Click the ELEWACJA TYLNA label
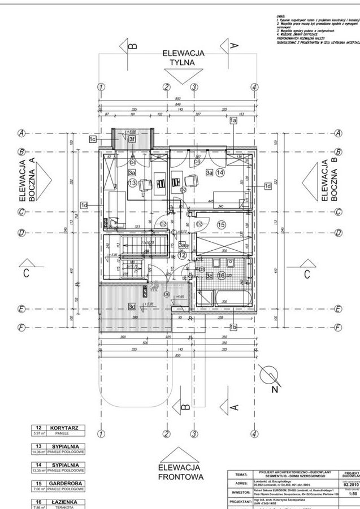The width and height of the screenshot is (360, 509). coord(182,58)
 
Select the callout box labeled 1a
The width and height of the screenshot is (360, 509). coord(233,120)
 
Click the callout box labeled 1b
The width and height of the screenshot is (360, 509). coord(233,327)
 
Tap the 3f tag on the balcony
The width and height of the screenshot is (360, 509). coord(132,139)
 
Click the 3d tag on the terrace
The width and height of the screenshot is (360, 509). coord(132,307)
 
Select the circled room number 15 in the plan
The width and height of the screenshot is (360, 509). coord(221,225)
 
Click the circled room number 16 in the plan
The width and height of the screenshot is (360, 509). coord(222,275)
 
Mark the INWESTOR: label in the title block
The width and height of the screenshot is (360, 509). coord(241,493)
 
